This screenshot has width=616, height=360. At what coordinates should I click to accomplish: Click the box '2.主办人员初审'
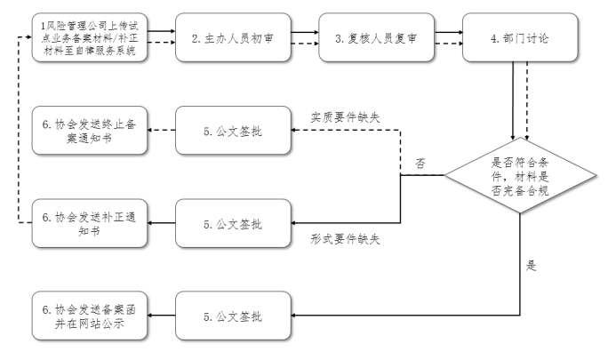[232, 38]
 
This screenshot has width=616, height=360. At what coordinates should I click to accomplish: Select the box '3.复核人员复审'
[376, 38]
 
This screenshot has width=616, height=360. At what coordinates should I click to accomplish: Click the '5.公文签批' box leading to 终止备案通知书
[232, 131]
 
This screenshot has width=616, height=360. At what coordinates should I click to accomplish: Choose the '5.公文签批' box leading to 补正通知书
[232, 221]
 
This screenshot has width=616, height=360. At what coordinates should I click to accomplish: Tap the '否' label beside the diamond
[420, 164]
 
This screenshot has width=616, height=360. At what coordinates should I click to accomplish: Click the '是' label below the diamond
[532, 265]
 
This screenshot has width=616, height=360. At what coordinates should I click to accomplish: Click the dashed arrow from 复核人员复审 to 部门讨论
[448, 44]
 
